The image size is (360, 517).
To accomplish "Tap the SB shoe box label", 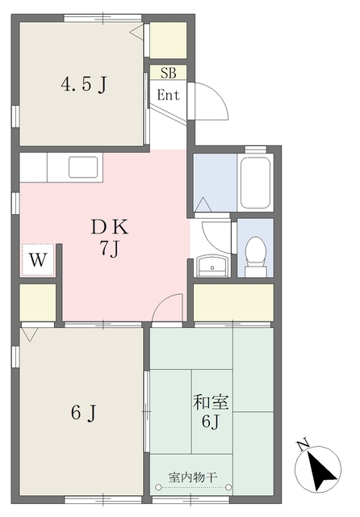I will [x=168, y=73].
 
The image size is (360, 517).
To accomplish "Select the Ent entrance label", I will [x=169, y=95].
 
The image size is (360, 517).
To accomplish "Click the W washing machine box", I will [x=37, y=261].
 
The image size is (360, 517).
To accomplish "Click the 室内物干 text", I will [x=193, y=477].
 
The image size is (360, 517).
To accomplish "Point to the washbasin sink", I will [x=214, y=265].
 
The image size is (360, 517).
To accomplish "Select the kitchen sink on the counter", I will [x=84, y=166].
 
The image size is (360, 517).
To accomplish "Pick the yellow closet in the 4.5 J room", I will [x=168, y=39].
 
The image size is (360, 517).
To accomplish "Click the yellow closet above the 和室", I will [x=232, y=302].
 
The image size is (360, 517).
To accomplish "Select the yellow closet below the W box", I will [x=37, y=302].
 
